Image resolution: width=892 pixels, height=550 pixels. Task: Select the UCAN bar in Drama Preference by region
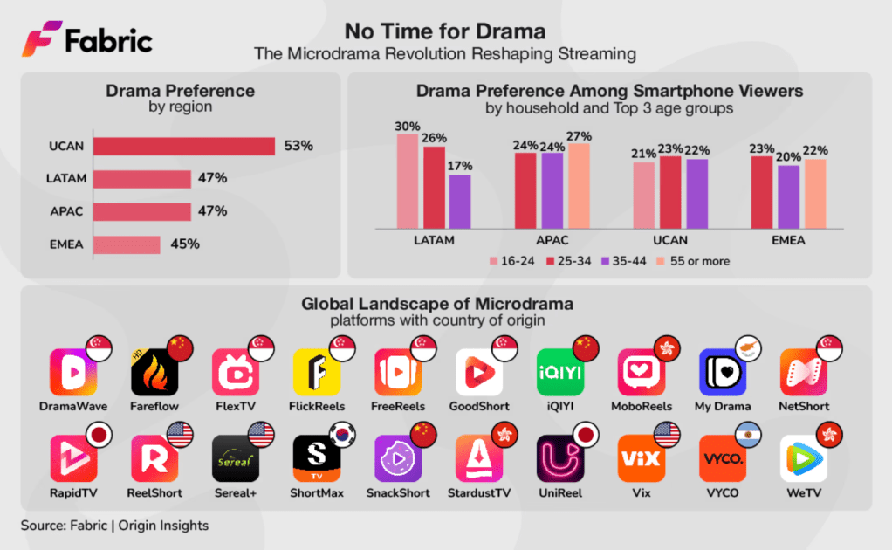[183, 146]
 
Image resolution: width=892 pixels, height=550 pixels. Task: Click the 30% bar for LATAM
[408, 181]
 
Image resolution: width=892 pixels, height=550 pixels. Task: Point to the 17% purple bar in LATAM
[459, 201]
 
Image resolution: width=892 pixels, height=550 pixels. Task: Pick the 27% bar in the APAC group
[579, 185]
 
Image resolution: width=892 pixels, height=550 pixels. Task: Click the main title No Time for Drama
[445, 32]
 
